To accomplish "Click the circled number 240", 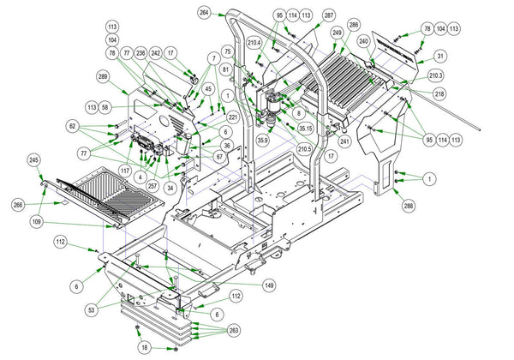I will pos(363,40).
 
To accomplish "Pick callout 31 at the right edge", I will pos(440,56).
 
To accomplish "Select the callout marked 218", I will pos(439,93).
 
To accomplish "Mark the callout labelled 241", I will pos(344,141).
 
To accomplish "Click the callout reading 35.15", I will pos(305,129).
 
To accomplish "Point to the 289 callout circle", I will pos(103,76).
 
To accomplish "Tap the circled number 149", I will pos(269,285).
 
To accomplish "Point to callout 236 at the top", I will pos(140,53).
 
